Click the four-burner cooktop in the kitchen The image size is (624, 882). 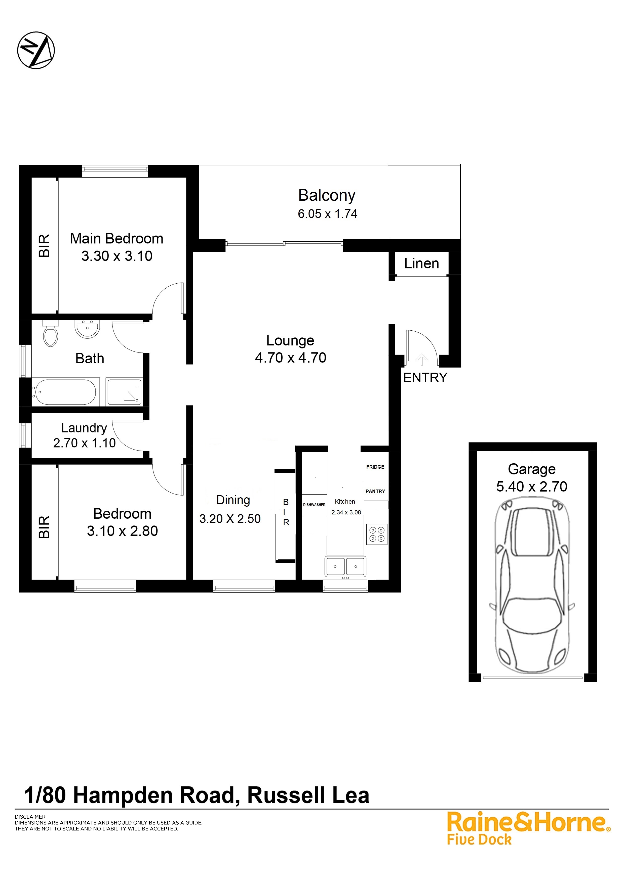377,534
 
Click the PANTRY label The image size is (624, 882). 375,491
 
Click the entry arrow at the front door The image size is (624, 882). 422,359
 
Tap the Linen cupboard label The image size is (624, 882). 421,263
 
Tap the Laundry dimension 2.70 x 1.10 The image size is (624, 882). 84,443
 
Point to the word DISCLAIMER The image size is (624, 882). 30,817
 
